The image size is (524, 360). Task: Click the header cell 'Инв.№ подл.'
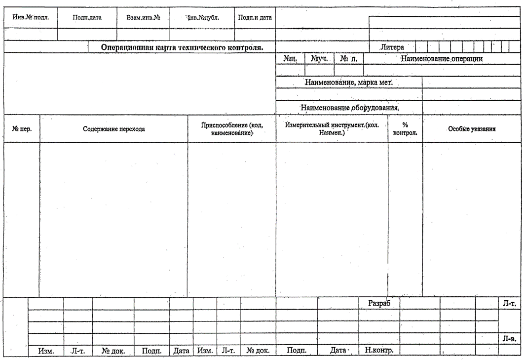tap(31, 17)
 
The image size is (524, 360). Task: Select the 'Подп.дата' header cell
tap(87, 17)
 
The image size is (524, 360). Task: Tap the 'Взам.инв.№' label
tap(143, 17)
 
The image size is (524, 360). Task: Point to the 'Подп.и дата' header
tap(255, 17)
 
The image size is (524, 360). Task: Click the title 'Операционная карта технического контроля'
tap(182, 47)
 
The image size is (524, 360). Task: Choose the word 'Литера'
tap(392, 47)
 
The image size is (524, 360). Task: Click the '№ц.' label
tap(290, 58)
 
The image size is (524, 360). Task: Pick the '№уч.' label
tap(319, 58)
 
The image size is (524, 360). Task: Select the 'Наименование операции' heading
tap(441, 58)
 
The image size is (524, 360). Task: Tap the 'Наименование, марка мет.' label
tap(348, 82)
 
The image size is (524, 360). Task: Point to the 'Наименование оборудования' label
tap(349, 107)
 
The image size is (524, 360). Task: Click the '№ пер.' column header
tap(22, 129)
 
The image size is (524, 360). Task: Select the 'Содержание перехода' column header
tap(113, 129)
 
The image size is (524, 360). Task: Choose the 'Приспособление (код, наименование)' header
tap(231, 129)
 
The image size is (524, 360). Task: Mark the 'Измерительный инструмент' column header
tap(332, 129)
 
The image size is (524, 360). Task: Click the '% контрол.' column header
tap(405, 129)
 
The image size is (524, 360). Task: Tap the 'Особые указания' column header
tap(472, 129)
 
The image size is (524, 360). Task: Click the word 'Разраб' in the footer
tap(379, 303)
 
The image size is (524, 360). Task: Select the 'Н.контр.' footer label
tap(379, 351)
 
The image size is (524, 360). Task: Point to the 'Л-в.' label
tap(509, 339)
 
